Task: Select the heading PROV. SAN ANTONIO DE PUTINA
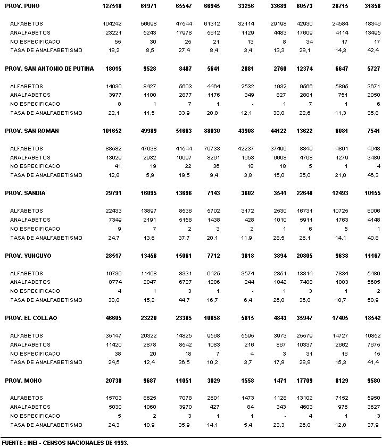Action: (x=49, y=69)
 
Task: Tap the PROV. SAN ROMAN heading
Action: (x=31, y=131)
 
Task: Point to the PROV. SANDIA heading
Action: (x=25, y=193)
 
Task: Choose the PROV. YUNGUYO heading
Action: (x=28, y=256)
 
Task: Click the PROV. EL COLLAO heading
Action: (x=31, y=318)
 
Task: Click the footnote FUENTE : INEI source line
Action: (x=64, y=442)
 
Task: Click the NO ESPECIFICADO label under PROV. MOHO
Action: (x=35, y=416)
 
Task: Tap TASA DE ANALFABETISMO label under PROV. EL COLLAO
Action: (x=46, y=362)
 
